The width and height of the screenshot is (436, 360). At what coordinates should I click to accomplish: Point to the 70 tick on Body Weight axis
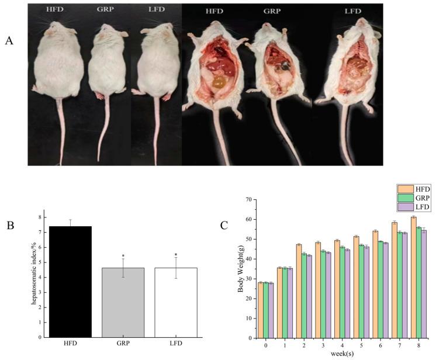pos(248,200)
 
